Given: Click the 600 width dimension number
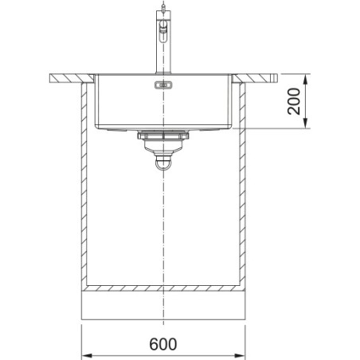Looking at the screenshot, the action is pyautogui.click(x=163, y=344).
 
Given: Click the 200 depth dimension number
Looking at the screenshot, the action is pyautogui.click(x=294, y=101).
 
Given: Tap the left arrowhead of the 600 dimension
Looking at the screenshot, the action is pyautogui.click(x=87, y=355).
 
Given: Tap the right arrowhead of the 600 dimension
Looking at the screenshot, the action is pyautogui.click(x=240, y=355).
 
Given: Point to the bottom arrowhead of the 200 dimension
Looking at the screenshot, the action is pyautogui.click(x=306, y=123).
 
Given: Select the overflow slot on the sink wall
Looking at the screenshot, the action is pyautogui.click(x=163, y=85).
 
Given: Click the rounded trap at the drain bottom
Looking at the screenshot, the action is pyautogui.click(x=163, y=163).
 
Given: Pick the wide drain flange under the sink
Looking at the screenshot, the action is pyautogui.click(x=163, y=136).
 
